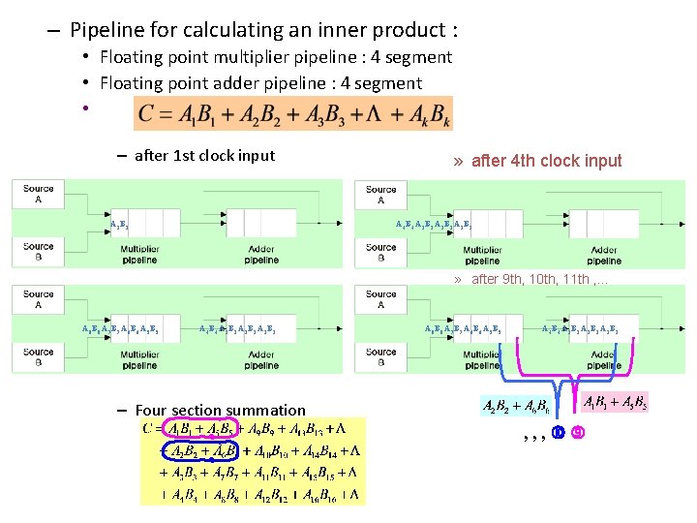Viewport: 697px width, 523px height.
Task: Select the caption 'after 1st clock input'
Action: coord(204,155)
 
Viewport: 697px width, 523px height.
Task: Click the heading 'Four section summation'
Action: coord(220,410)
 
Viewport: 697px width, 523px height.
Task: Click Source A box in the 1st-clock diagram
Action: coord(39,194)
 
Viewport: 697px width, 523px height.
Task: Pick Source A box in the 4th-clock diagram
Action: coord(380,195)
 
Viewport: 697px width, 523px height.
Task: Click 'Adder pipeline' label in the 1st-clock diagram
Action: coord(261,255)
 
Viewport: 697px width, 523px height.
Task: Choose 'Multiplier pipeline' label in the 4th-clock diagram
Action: coord(481,256)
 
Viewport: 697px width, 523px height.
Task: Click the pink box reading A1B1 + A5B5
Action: coord(614,401)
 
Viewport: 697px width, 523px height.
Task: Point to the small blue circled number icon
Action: coord(558,432)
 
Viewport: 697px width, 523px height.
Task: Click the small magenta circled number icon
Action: coord(577,432)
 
